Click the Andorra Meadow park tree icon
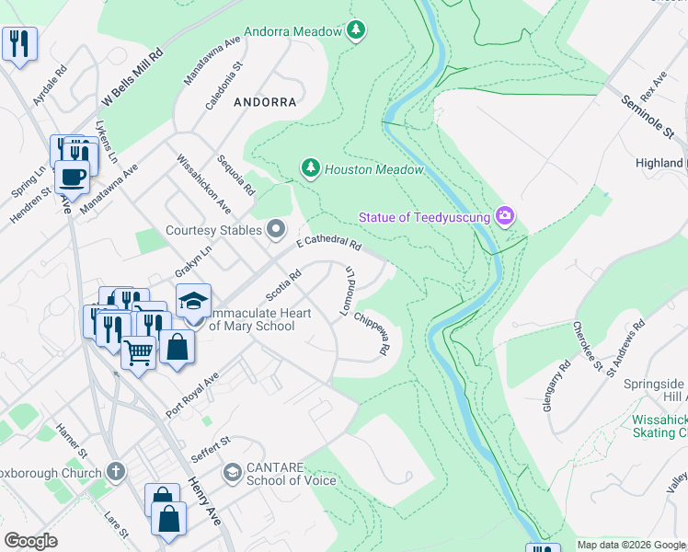coord(356,31)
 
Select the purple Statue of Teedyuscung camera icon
coord(504,216)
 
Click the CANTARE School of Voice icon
coord(233,473)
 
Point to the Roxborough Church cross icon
coord(115,472)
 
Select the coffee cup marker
coord(72,175)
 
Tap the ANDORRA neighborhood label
coord(265,102)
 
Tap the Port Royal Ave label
coord(192,394)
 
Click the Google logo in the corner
coord(31,541)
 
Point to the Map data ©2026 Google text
coord(630,545)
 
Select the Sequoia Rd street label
coord(236,176)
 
